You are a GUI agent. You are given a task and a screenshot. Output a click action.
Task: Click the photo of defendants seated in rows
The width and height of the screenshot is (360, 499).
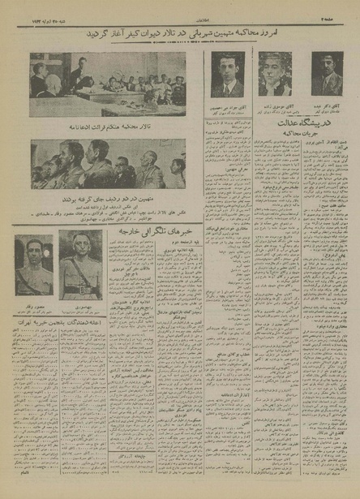pyautogui.click(x=107, y=164)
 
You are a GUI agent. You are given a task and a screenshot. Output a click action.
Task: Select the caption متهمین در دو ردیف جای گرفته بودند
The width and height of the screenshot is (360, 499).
pyautogui.click(x=107, y=197)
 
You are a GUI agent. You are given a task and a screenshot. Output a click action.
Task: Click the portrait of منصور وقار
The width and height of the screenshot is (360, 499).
pyautogui.click(x=34, y=265)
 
